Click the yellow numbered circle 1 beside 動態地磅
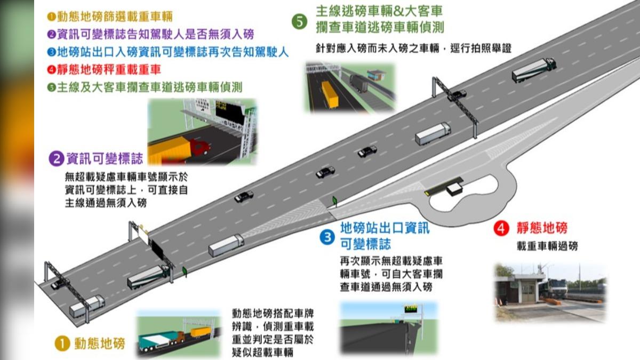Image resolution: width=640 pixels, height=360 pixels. click(62, 343)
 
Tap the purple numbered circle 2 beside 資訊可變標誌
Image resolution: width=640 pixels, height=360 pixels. click(57, 158)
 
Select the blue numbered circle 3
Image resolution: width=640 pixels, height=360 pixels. click(327, 237)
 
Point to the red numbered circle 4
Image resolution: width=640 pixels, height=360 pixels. click(501, 229)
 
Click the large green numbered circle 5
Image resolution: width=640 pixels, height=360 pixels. click(299, 22)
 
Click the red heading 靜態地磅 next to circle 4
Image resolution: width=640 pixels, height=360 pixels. click(542, 228)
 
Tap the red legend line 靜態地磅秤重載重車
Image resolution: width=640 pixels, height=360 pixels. click(105, 69)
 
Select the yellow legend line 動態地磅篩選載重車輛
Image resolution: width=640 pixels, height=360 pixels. click(110, 17)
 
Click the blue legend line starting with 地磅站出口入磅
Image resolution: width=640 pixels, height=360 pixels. click(168, 52)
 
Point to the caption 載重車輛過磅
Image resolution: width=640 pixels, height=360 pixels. click(547, 246)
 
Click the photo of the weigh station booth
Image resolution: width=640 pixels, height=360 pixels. click(550, 293)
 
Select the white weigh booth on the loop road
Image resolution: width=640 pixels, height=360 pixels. click(454, 189)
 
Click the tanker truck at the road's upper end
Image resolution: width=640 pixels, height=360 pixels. click(534, 70)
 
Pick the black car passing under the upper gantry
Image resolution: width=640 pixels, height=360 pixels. click(457, 95)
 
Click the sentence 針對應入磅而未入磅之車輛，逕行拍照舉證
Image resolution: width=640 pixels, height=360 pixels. click(413, 49)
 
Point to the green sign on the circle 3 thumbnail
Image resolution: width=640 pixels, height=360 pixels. click(411, 309)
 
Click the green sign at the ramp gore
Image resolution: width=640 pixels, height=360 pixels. click(334, 201)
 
